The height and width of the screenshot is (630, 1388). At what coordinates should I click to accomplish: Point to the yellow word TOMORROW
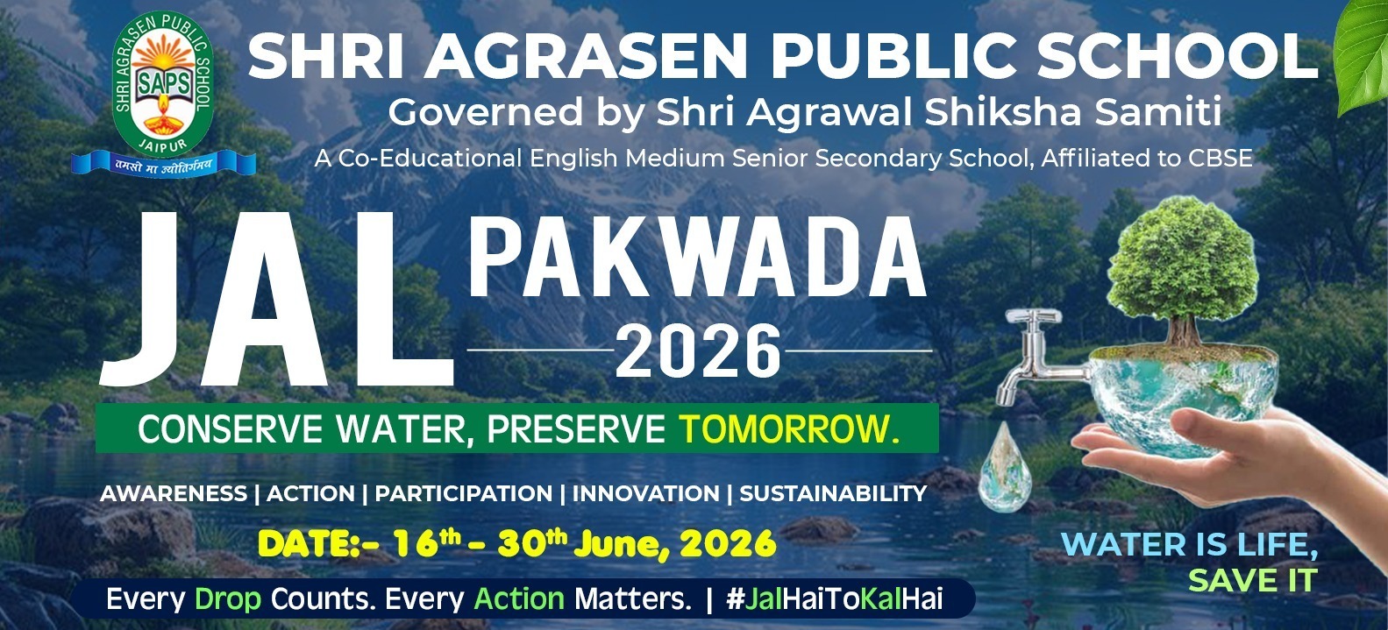[789, 428]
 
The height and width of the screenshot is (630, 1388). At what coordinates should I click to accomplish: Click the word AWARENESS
[174, 493]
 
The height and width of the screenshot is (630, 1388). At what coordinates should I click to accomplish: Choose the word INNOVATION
[645, 493]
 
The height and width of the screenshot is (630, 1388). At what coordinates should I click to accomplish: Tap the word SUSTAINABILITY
[834, 493]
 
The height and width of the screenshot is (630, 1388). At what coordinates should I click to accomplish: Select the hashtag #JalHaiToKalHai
[835, 599]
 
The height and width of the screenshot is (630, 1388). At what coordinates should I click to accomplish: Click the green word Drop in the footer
[228, 599]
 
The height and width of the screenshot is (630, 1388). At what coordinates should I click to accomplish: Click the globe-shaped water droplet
[1005, 468]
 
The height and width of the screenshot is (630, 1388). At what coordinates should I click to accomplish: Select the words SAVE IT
[1253, 580]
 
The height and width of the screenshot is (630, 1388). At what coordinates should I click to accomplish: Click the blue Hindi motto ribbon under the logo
[163, 164]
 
